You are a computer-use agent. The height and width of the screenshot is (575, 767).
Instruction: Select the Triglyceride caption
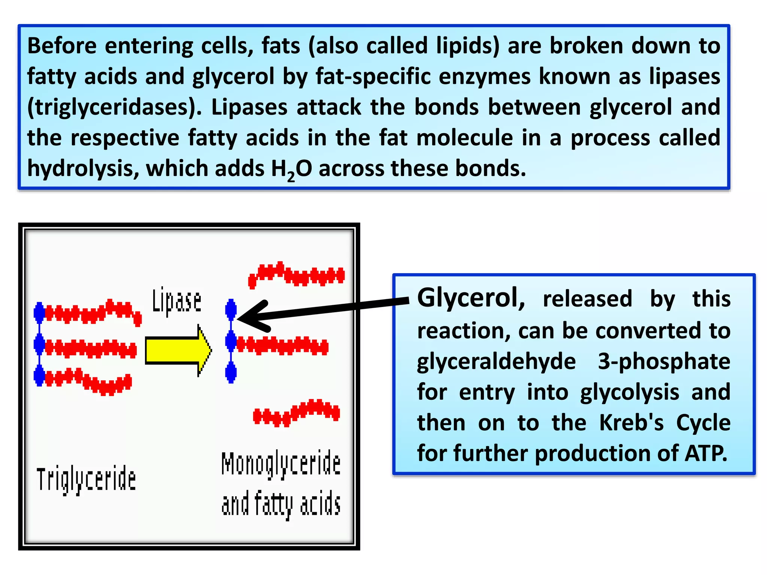(x=86, y=480)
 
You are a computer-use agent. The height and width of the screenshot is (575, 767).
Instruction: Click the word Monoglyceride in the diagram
(x=281, y=464)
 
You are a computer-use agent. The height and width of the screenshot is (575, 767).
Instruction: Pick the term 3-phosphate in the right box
(x=664, y=362)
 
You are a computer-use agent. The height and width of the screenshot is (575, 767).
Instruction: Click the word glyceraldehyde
(x=496, y=362)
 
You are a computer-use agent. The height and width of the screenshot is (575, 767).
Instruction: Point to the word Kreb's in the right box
(x=631, y=423)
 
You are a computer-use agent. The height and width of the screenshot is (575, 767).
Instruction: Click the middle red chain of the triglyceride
(x=90, y=349)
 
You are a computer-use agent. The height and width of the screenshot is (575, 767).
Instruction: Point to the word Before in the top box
(x=62, y=46)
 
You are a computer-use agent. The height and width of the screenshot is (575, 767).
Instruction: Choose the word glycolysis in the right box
(x=629, y=392)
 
